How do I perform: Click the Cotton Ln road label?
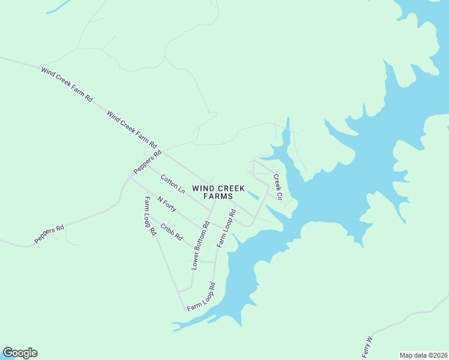[x=173, y=184]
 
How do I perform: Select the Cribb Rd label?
[x=171, y=232]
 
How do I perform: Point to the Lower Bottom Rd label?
[x=200, y=245]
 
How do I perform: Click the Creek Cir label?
[x=277, y=187]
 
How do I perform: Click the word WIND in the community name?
[x=202, y=188]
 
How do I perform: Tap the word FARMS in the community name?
[x=218, y=196]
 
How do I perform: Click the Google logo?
[x=20, y=353]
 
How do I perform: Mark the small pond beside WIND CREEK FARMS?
[x=252, y=194]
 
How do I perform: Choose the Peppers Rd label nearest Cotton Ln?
[x=148, y=162]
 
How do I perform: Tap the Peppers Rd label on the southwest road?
[x=49, y=234]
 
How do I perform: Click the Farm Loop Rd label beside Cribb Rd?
[x=150, y=215]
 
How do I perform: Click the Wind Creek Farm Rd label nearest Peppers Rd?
[x=131, y=130]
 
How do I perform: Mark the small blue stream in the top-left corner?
[x=58, y=7]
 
